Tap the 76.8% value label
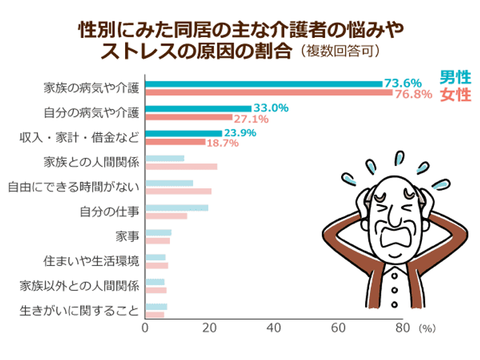pos(413,94)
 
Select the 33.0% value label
pos(271,108)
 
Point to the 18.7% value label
pos(223,143)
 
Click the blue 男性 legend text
pos(455,78)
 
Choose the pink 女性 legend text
pos(455,95)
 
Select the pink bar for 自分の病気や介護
pos(189,117)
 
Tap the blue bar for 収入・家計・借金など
pos(184,133)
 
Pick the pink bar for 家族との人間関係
pos(181,167)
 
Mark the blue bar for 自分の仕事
pos(177,208)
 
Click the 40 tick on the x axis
pos(273,328)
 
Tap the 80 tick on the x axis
pos(402,328)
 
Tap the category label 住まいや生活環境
pos(91,261)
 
